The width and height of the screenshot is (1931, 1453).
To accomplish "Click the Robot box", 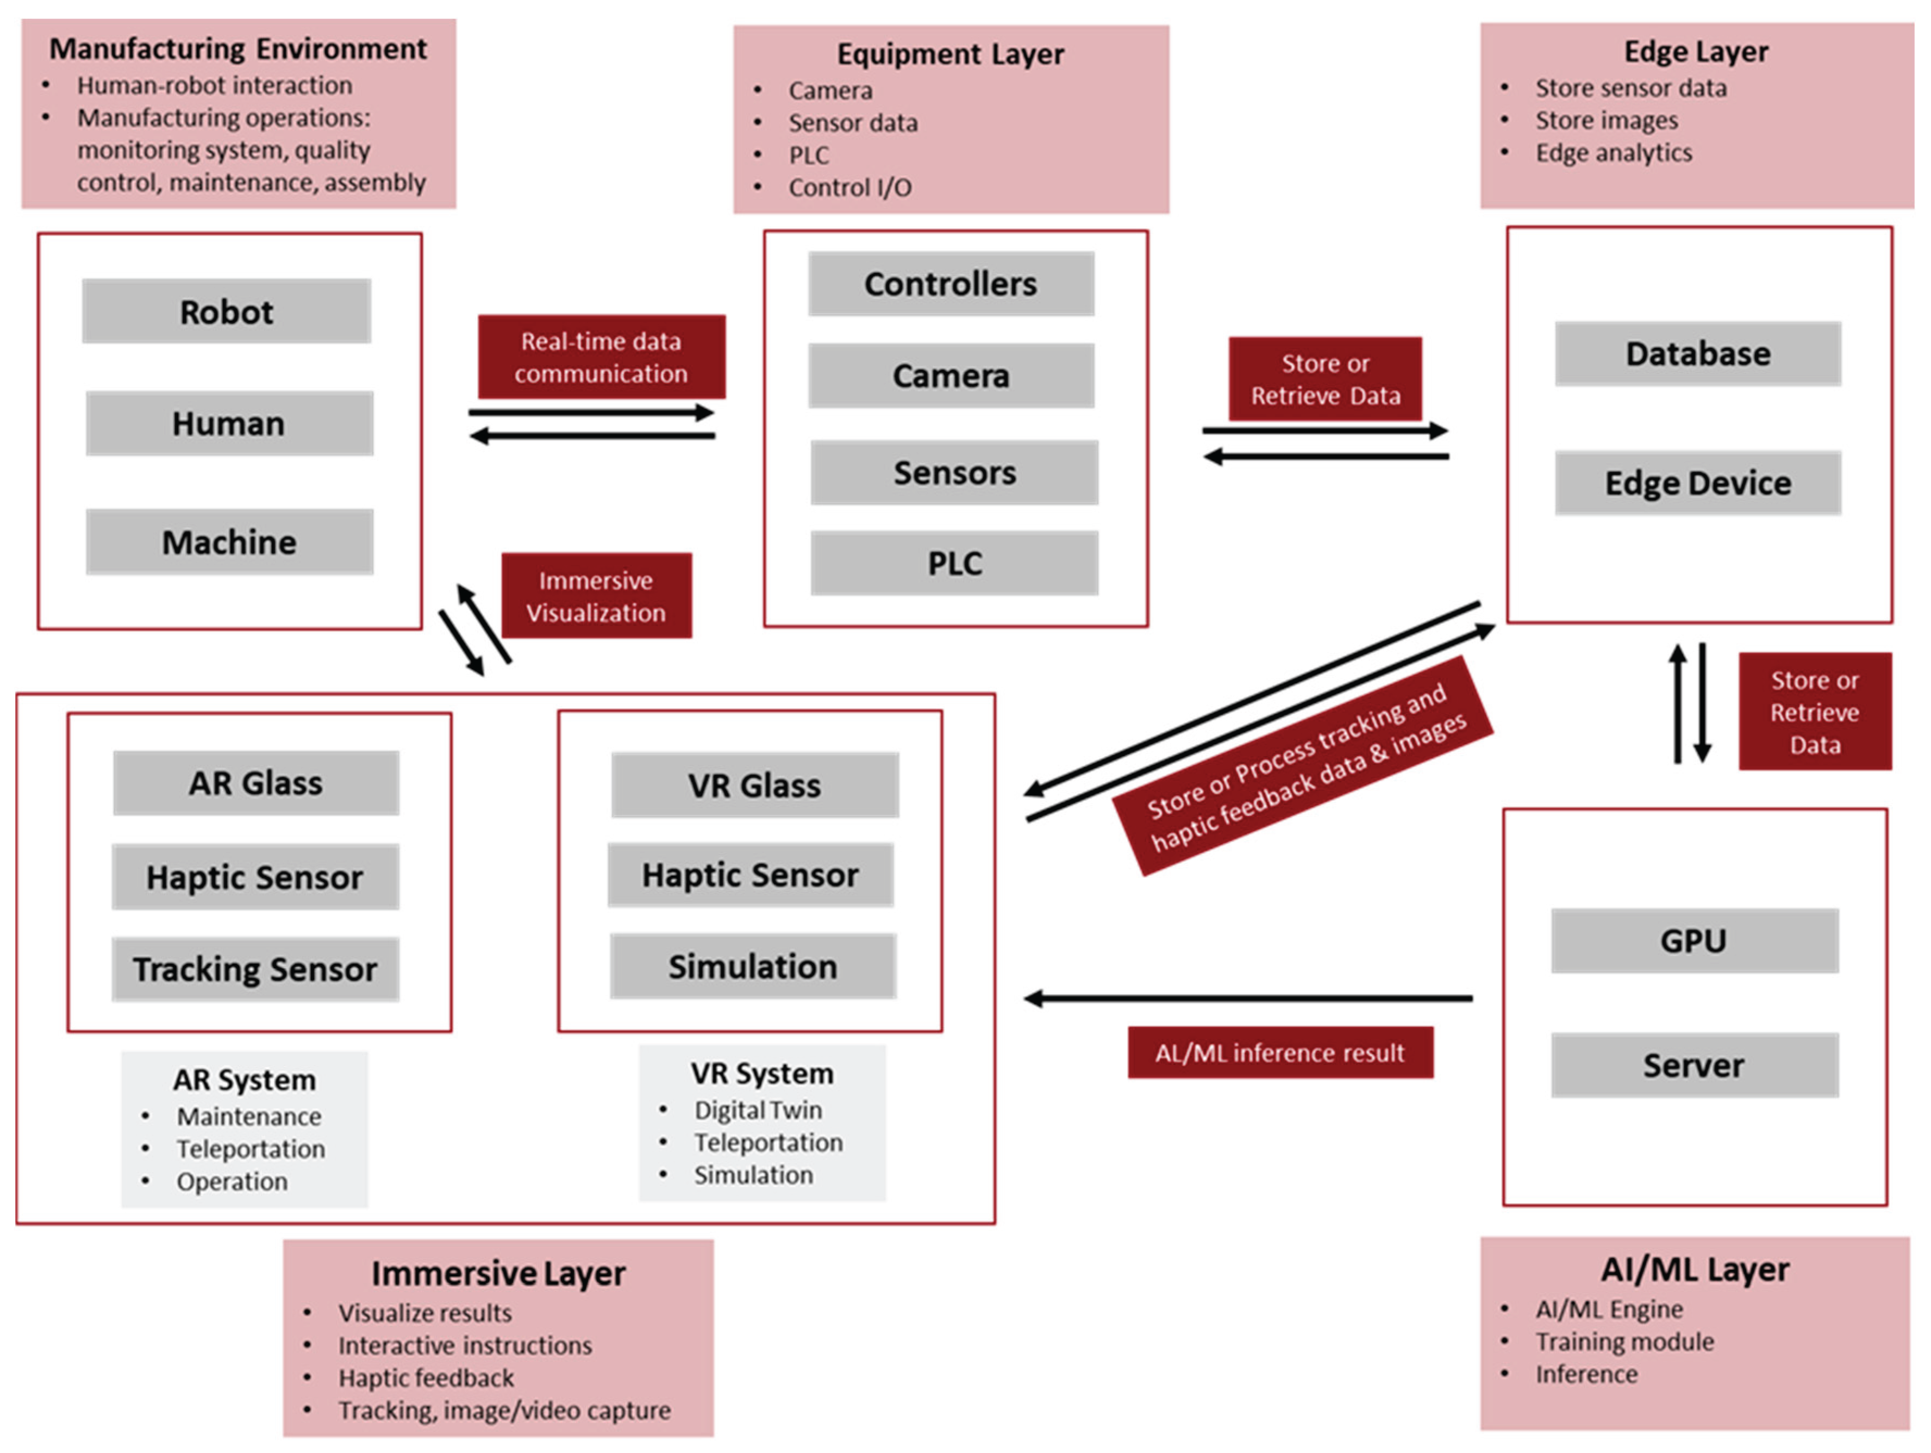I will point(226,311).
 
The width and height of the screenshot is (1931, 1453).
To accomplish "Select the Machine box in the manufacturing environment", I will point(229,542).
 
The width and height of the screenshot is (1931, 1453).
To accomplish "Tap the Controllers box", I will point(951,284).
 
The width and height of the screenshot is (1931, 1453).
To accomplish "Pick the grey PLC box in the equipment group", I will point(954,563).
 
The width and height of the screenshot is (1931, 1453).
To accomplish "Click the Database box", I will point(1697,354).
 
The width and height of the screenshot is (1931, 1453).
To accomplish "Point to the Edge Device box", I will point(1697,483).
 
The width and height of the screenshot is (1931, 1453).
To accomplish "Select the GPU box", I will point(1693,940).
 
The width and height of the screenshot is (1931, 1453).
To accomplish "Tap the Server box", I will point(1693,1065).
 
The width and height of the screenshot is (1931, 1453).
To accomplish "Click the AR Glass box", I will point(256,783).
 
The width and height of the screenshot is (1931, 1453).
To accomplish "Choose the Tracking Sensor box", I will point(255,969).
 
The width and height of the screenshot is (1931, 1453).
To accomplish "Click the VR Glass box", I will point(754,785).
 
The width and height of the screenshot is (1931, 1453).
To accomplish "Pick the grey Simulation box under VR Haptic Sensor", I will point(753,966).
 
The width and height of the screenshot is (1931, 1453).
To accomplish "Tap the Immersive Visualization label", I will point(596,596).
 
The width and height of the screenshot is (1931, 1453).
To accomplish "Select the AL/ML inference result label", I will point(1280,1052).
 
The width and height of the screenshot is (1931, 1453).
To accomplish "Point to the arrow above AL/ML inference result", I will point(1248,998).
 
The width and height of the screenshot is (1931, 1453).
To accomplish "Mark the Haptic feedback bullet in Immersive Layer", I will point(426,1378).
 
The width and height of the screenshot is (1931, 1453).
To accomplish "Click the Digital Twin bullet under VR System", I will point(758,1110).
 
